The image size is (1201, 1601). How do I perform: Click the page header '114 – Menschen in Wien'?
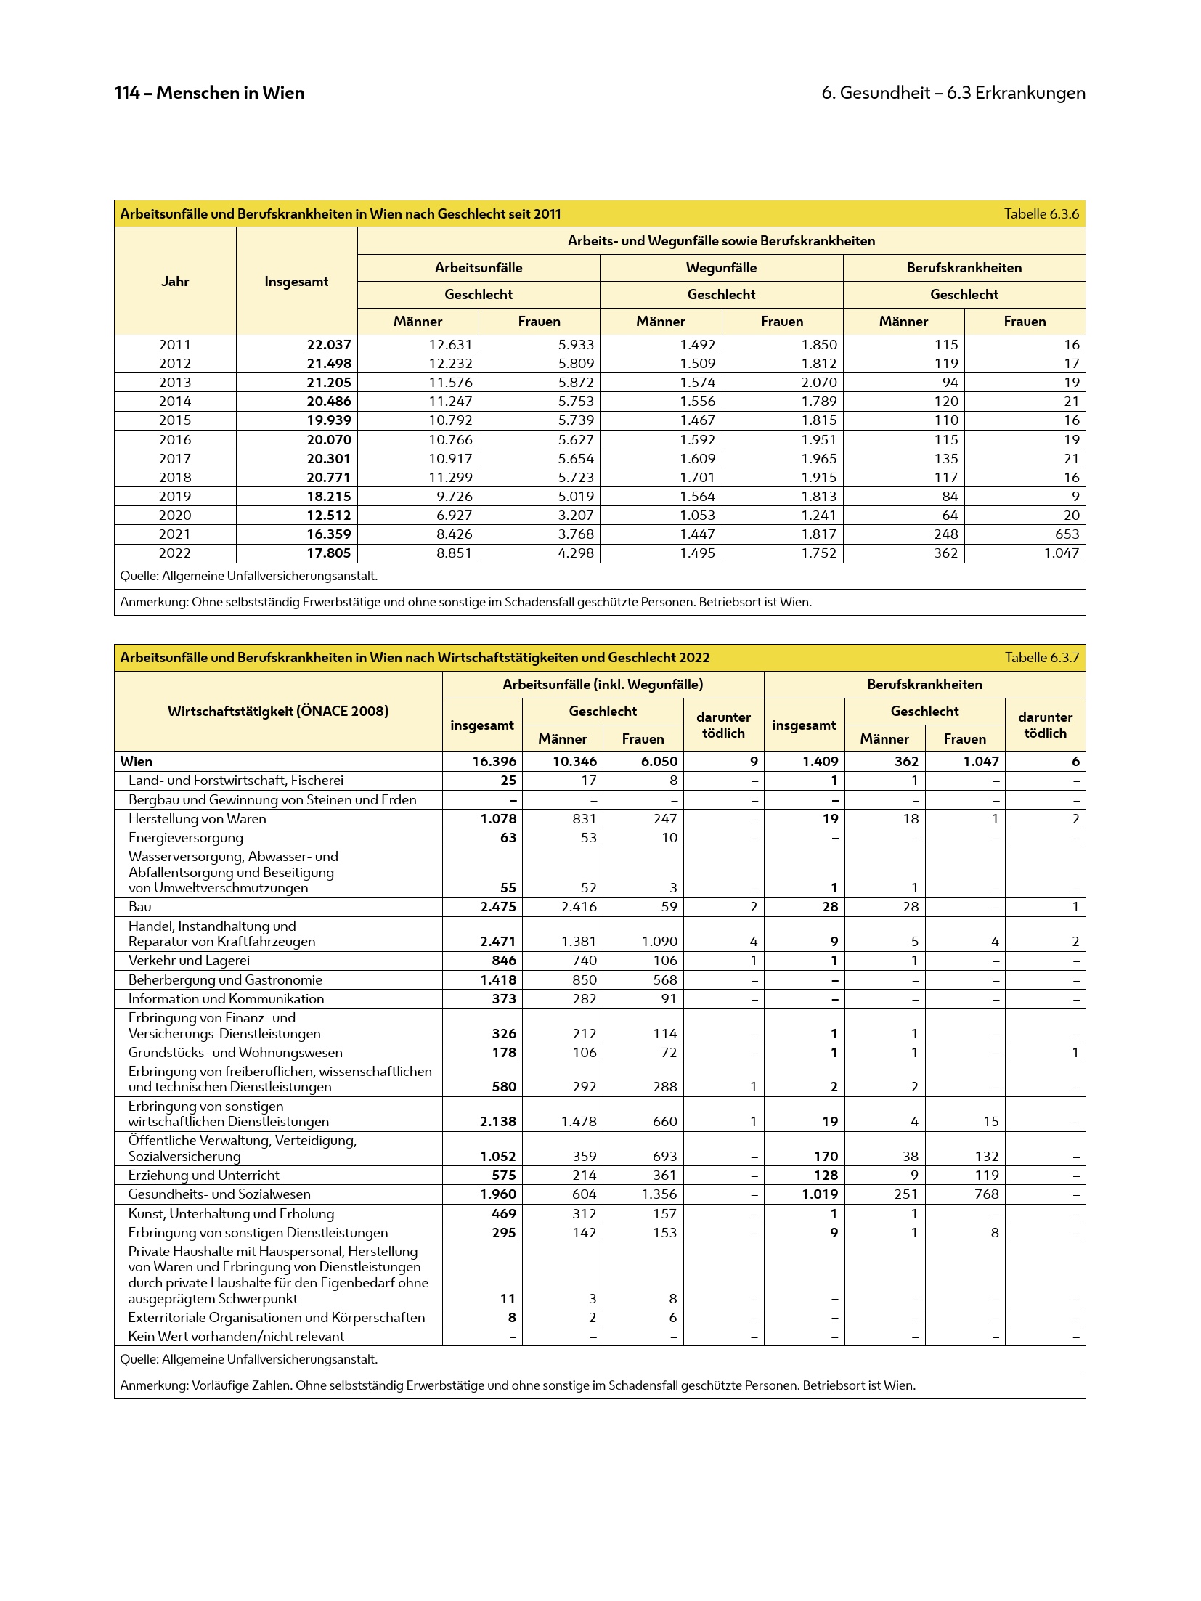tap(209, 93)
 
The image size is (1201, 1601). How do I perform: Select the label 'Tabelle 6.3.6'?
tap(1041, 213)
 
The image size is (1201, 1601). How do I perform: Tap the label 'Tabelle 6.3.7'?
tap(1041, 657)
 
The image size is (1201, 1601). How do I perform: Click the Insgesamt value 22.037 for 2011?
tap(328, 345)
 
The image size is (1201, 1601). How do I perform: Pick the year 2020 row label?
tap(175, 516)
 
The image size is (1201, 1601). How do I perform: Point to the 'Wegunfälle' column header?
tap(721, 268)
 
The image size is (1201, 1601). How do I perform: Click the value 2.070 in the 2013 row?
tap(818, 383)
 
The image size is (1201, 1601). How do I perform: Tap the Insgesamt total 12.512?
tap(328, 516)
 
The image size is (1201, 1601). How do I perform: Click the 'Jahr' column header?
tap(175, 282)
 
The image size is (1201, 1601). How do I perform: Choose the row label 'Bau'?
tap(140, 907)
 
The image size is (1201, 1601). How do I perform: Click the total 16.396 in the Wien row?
tap(494, 762)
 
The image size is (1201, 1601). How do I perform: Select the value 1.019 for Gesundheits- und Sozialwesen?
tap(820, 1194)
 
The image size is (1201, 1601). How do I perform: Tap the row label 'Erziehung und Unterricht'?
tap(203, 1176)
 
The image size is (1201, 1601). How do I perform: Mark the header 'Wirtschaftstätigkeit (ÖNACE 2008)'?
tap(278, 711)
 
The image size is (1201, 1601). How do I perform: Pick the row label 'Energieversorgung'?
tap(185, 838)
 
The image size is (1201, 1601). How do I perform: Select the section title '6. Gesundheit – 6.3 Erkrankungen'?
tap(953, 93)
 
